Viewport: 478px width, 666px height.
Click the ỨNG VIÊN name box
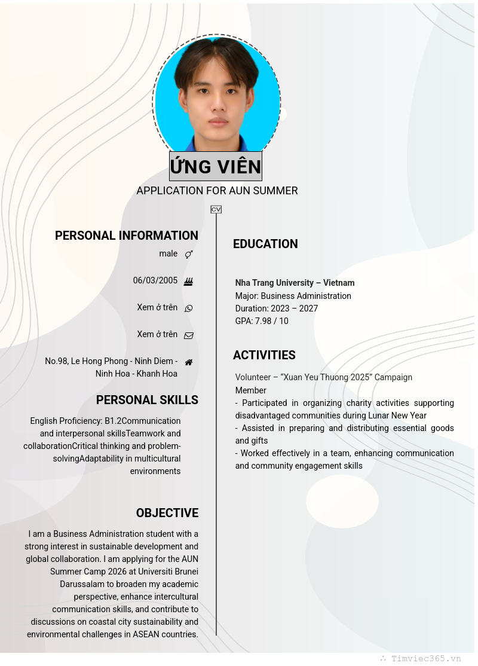pos(216,166)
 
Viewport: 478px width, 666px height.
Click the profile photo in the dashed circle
pos(216,96)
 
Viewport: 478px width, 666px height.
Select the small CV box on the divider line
pos(216,209)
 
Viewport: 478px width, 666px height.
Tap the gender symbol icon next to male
pos(189,254)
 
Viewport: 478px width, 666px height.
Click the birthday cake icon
pos(189,282)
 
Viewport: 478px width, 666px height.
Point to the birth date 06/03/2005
pos(155,280)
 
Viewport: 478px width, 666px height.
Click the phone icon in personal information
pos(189,308)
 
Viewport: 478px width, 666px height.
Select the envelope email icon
pos(189,335)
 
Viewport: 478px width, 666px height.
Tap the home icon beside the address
pos(189,362)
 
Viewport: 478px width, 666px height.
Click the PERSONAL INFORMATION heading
pos(127,236)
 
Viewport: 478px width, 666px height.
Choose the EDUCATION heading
pos(265,244)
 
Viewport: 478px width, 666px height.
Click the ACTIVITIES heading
pos(264,355)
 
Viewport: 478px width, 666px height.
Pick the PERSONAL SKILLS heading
pos(147,400)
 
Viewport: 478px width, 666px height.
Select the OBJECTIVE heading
pos(167,513)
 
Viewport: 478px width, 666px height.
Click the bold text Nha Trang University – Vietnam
pos(295,283)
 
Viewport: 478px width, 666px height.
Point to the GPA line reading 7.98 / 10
pos(262,321)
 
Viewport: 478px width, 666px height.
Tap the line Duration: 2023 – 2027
pos(277,308)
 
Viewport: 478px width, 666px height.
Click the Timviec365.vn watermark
pos(425,658)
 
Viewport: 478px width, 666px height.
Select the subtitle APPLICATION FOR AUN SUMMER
pos(217,191)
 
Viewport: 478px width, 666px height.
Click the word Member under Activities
pos(251,390)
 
